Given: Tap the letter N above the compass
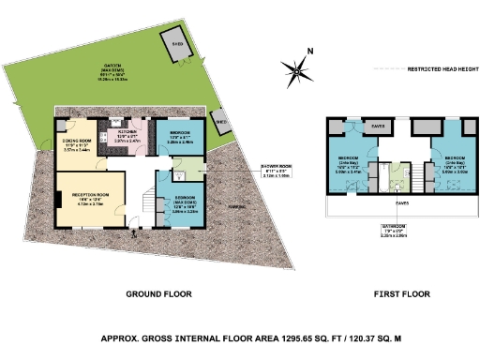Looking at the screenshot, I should (310, 52).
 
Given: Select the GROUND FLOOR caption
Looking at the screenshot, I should (164, 293).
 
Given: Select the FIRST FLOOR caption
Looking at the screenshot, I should (401, 293).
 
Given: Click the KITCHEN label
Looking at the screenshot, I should (127, 135).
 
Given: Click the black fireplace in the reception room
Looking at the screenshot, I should (59, 198).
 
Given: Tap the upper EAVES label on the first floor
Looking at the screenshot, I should (379, 124).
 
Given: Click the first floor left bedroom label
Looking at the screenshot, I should (347, 159).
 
